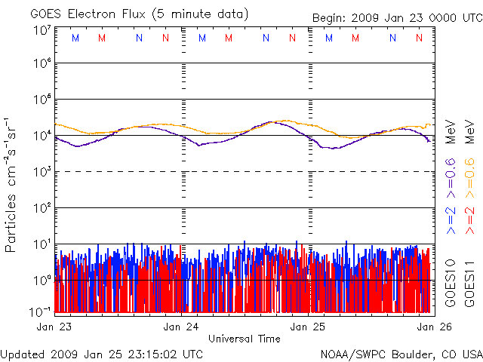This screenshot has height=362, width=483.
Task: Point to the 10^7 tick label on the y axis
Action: (x=42, y=30)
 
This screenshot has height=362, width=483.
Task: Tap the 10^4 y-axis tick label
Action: (x=42, y=136)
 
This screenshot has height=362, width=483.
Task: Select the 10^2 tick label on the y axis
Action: (x=42, y=207)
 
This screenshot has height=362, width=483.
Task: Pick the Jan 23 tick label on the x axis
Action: (x=54, y=327)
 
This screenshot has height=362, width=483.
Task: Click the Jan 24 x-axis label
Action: (x=181, y=327)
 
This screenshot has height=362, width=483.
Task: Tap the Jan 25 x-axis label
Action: (x=309, y=327)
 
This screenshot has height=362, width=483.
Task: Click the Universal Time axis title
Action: (x=244, y=339)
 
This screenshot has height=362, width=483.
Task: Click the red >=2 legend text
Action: (x=469, y=219)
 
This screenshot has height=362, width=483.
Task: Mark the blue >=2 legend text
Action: (x=451, y=219)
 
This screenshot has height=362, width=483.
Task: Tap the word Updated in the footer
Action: (x=20, y=353)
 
